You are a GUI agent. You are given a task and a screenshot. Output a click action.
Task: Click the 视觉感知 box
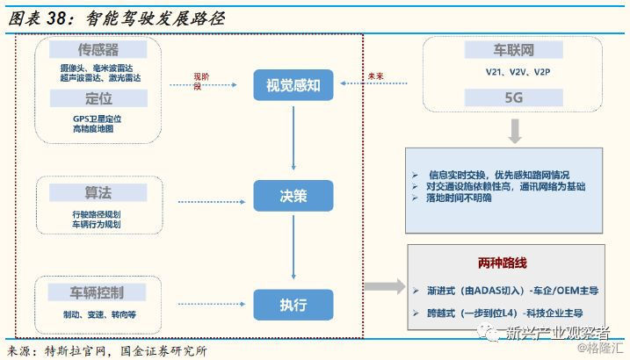[x=293, y=84]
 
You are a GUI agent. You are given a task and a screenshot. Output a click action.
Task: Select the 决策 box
[x=293, y=196]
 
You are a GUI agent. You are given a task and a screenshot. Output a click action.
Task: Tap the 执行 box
[x=293, y=304]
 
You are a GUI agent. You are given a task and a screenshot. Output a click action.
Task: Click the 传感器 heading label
[x=98, y=50]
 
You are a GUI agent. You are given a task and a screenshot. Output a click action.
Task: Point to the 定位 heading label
[x=98, y=98]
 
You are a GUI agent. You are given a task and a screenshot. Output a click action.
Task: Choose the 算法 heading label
[x=98, y=192]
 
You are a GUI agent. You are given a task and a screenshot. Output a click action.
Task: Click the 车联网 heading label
[x=513, y=50]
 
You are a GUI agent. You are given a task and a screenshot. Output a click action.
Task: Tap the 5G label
[x=513, y=98]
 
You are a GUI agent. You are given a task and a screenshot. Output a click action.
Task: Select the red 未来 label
[x=376, y=76]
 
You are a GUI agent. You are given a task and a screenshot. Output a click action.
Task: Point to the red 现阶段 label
[x=202, y=80]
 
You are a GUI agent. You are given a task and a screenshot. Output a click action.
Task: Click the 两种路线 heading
[x=502, y=263]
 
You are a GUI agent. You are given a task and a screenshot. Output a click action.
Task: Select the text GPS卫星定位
[x=97, y=118]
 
